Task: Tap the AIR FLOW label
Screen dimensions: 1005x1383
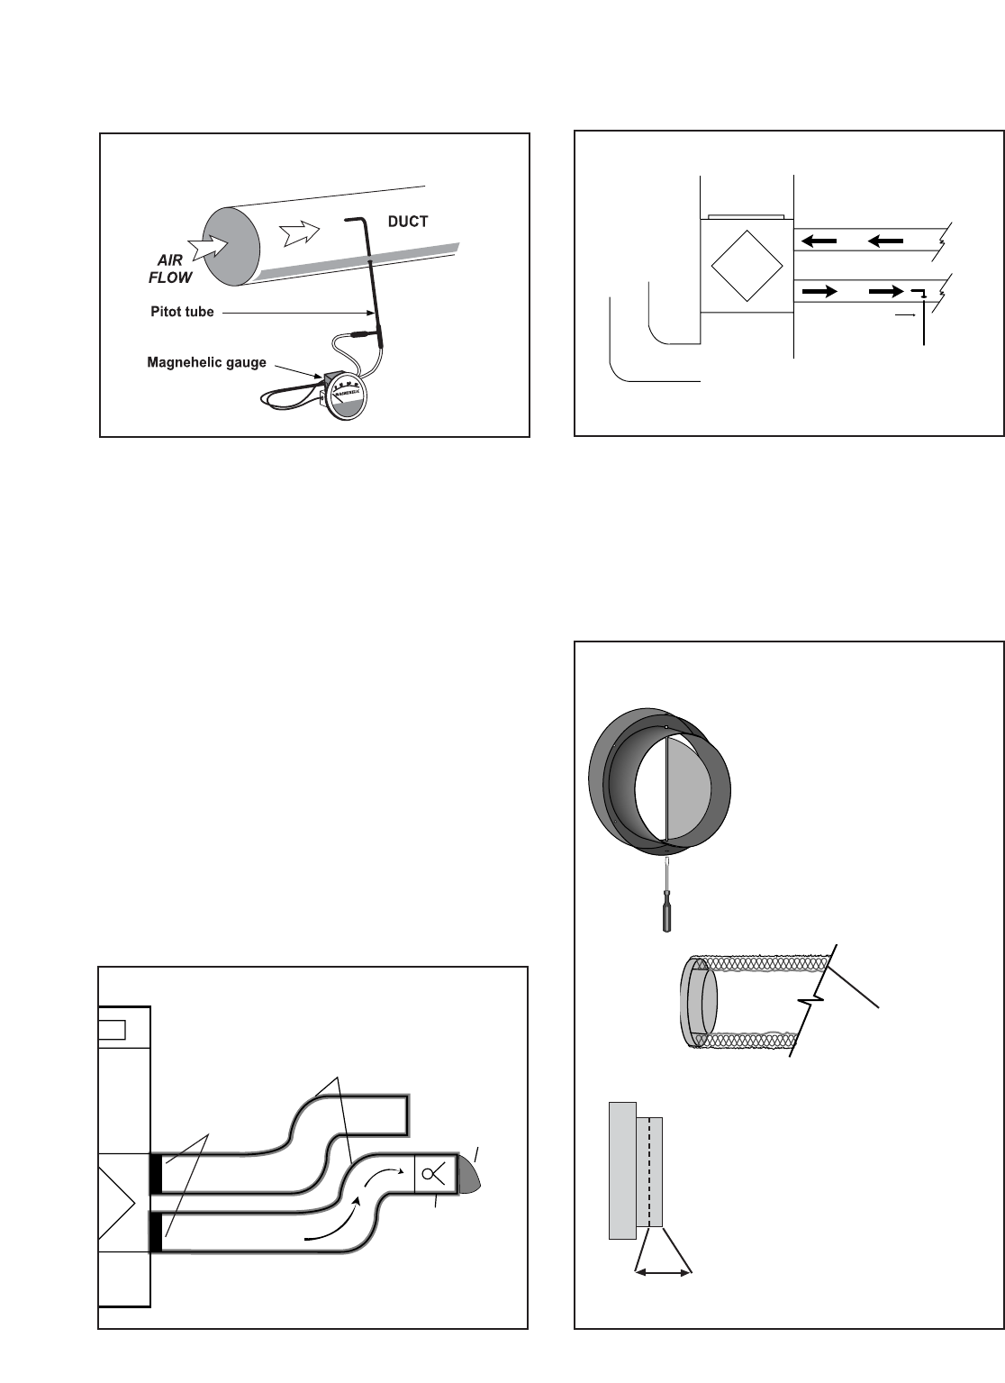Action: [x=169, y=269]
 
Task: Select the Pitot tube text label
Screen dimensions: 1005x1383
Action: [x=182, y=312]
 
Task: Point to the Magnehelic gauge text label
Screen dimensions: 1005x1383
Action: [x=206, y=363]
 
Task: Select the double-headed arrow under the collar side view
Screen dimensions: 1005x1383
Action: [x=664, y=1272]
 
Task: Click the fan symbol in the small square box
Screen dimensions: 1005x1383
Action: [x=430, y=1174]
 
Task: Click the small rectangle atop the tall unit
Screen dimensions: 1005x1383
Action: [x=112, y=1029]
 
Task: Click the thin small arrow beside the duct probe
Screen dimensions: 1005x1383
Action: [x=908, y=315]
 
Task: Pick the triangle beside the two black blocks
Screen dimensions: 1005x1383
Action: [x=118, y=1203]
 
